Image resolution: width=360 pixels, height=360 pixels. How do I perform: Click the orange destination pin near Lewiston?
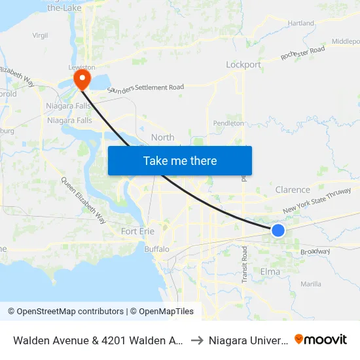click(x=82, y=80)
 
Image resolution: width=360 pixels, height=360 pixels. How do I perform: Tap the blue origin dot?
click(x=278, y=230)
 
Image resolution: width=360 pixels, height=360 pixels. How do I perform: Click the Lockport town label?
click(x=243, y=65)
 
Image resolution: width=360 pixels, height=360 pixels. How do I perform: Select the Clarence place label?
click(x=293, y=190)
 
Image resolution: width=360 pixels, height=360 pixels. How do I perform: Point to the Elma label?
click(x=270, y=272)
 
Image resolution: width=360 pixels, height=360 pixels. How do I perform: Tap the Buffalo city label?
click(x=156, y=249)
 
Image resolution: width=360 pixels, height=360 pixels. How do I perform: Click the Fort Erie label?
click(x=138, y=231)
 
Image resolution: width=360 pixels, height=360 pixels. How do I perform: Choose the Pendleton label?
click(x=228, y=122)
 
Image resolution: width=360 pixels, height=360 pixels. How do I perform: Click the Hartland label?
click(x=301, y=23)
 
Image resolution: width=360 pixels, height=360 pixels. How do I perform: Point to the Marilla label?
click(x=310, y=284)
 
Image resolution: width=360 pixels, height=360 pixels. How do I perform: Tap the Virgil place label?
click(x=41, y=35)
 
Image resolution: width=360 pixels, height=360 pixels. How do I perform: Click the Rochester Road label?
click(x=303, y=53)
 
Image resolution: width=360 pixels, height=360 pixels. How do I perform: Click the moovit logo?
click(x=321, y=339)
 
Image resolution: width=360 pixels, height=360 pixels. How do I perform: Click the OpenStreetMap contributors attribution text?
click(x=65, y=312)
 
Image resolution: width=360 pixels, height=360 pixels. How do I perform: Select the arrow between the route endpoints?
click(x=196, y=340)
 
